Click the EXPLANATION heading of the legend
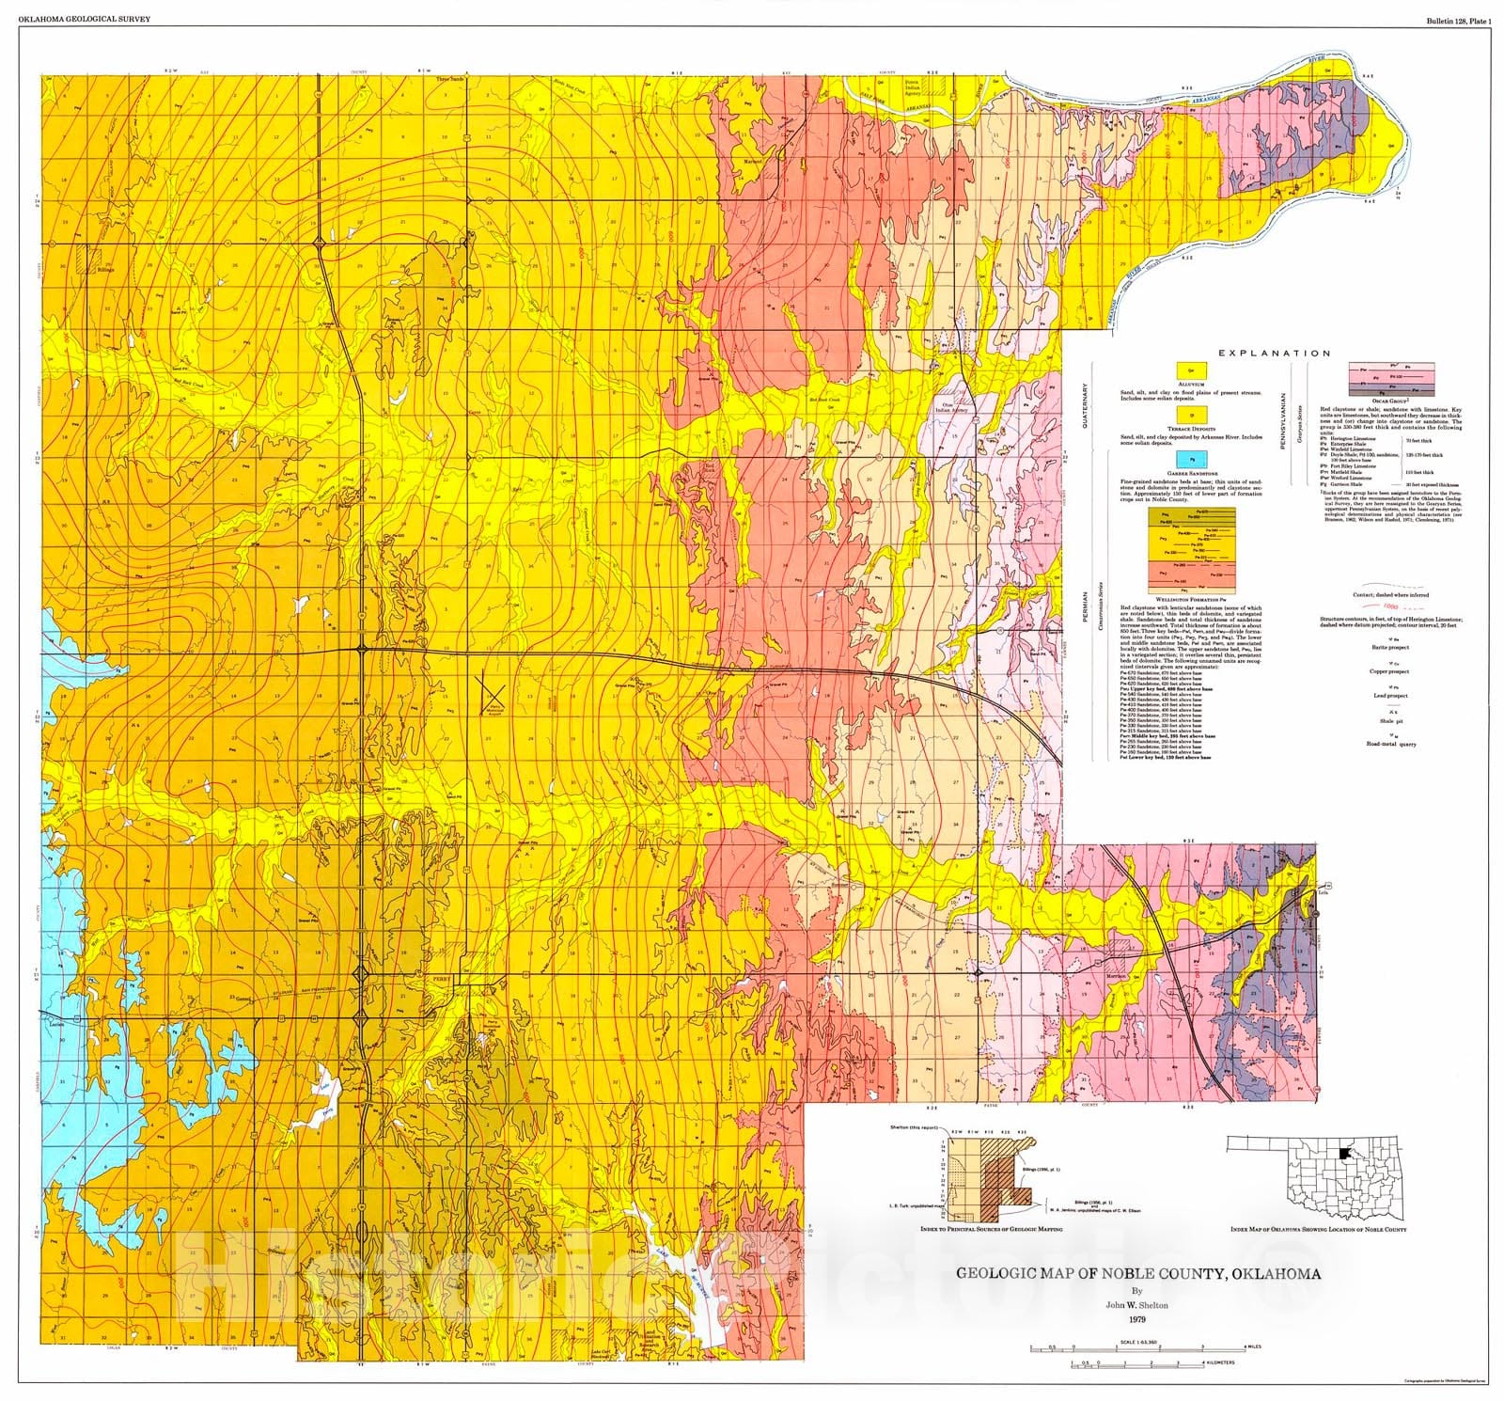[x=1274, y=354]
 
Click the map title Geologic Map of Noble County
[x=1138, y=1274]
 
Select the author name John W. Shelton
[x=1138, y=1304]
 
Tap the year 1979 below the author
[x=1138, y=1319]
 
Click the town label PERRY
[x=441, y=979]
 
